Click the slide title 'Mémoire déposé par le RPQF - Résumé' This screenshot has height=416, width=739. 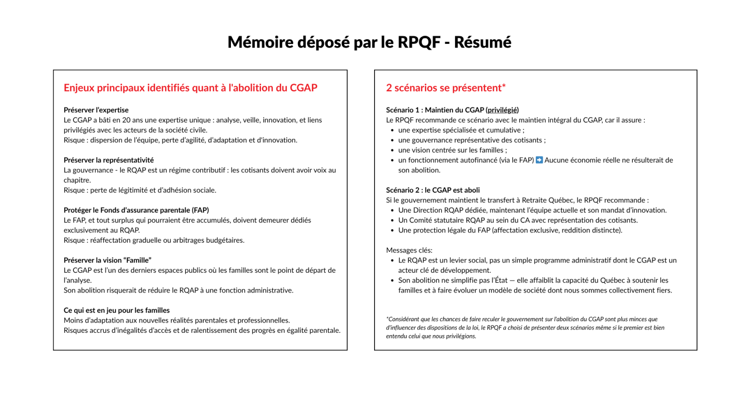pyautogui.click(x=369, y=42)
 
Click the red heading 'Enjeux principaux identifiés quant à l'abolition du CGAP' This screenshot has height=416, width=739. pyautogui.click(x=190, y=88)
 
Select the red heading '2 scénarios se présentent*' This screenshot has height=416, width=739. pyautogui.click(x=446, y=88)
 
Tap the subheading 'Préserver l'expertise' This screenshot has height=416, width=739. pyautogui.click(x=96, y=110)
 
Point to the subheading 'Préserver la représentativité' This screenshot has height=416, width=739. pyautogui.click(x=109, y=160)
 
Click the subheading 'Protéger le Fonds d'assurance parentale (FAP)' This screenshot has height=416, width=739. pyautogui.click(x=136, y=210)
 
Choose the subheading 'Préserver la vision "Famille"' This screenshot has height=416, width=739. pyautogui.click(x=107, y=260)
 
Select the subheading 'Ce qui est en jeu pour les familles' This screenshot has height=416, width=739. pyautogui.click(x=116, y=310)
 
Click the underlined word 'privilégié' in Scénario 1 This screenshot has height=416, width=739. pyautogui.click(x=502, y=110)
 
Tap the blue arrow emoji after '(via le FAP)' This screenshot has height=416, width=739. pyautogui.click(x=539, y=160)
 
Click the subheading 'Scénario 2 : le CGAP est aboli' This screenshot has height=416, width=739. pyautogui.click(x=433, y=190)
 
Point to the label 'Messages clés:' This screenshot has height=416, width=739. pyautogui.click(x=409, y=250)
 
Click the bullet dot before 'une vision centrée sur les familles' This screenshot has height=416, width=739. pyautogui.click(x=392, y=150)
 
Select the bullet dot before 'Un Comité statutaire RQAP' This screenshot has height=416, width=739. pyautogui.click(x=392, y=220)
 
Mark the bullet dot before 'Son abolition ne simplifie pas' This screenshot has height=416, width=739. pyautogui.click(x=392, y=281)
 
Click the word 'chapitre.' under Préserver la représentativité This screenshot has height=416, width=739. pyautogui.click(x=77, y=180)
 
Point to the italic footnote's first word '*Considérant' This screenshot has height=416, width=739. pyautogui.click(x=403, y=319)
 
